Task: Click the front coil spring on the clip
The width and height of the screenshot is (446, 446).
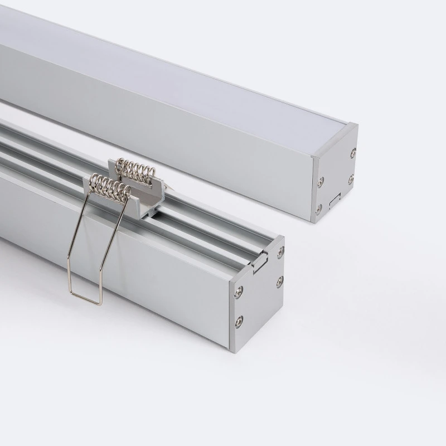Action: coord(109,186)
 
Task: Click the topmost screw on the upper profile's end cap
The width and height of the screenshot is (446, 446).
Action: coord(353,153)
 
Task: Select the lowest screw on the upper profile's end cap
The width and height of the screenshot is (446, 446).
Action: coord(318,209)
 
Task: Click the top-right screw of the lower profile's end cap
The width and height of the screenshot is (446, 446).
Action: coord(280,253)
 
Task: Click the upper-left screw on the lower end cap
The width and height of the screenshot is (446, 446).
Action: coord(239,290)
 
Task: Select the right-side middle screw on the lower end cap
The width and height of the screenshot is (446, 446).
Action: coord(280,281)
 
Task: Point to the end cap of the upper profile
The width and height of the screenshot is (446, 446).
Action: coord(334,173)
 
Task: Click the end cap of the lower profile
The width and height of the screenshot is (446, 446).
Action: coord(256,295)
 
